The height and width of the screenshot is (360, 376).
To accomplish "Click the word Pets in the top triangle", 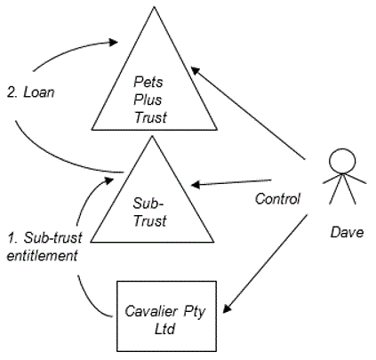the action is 148,82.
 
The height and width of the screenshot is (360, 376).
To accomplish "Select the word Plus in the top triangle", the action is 148,100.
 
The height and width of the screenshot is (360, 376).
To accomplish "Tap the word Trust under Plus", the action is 150,117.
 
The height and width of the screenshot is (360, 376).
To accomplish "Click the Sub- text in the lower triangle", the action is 148,204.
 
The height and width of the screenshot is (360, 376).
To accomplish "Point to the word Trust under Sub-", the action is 150,221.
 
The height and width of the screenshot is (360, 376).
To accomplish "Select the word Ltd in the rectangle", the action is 164,329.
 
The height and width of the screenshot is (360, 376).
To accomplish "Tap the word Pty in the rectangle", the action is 194,312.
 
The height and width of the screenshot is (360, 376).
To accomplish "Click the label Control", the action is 277,198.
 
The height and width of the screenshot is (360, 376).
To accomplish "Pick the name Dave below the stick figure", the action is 347,232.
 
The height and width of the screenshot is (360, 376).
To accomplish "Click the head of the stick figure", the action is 342,161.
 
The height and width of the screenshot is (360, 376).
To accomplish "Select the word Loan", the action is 39,92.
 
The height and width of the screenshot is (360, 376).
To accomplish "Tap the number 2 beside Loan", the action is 12,92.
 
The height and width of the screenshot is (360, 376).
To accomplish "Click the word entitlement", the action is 42,256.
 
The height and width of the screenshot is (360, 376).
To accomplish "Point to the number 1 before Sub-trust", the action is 12,238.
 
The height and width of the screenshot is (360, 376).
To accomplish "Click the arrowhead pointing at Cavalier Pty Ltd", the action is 228,308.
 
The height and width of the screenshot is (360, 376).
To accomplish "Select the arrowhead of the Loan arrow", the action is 113,42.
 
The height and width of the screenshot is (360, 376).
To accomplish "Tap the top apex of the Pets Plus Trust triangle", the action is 154,6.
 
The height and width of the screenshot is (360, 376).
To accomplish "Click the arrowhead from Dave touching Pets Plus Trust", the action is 196,71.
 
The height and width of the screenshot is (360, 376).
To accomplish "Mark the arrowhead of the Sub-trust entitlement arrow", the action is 108,180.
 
